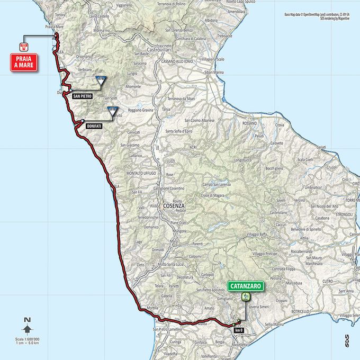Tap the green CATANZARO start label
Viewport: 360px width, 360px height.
click(x=246, y=286)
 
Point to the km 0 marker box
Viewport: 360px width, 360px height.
click(x=237, y=330)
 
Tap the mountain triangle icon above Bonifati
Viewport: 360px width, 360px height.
click(x=112, y=111)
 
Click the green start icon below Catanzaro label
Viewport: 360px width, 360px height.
click(x=245, y=296)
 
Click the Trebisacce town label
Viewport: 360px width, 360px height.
click(x=224, y=36)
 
